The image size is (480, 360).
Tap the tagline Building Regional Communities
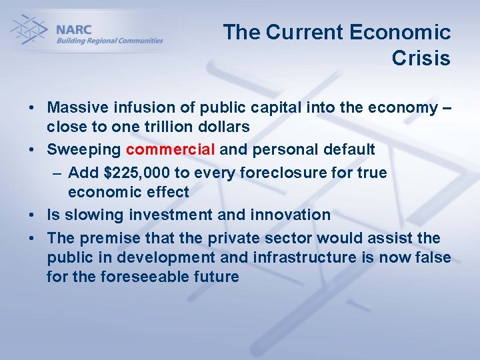tap(109, 41)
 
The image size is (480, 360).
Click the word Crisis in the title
tap(421, 59)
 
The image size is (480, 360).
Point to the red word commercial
tap(171, 150)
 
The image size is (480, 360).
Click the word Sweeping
tap(83, 150)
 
